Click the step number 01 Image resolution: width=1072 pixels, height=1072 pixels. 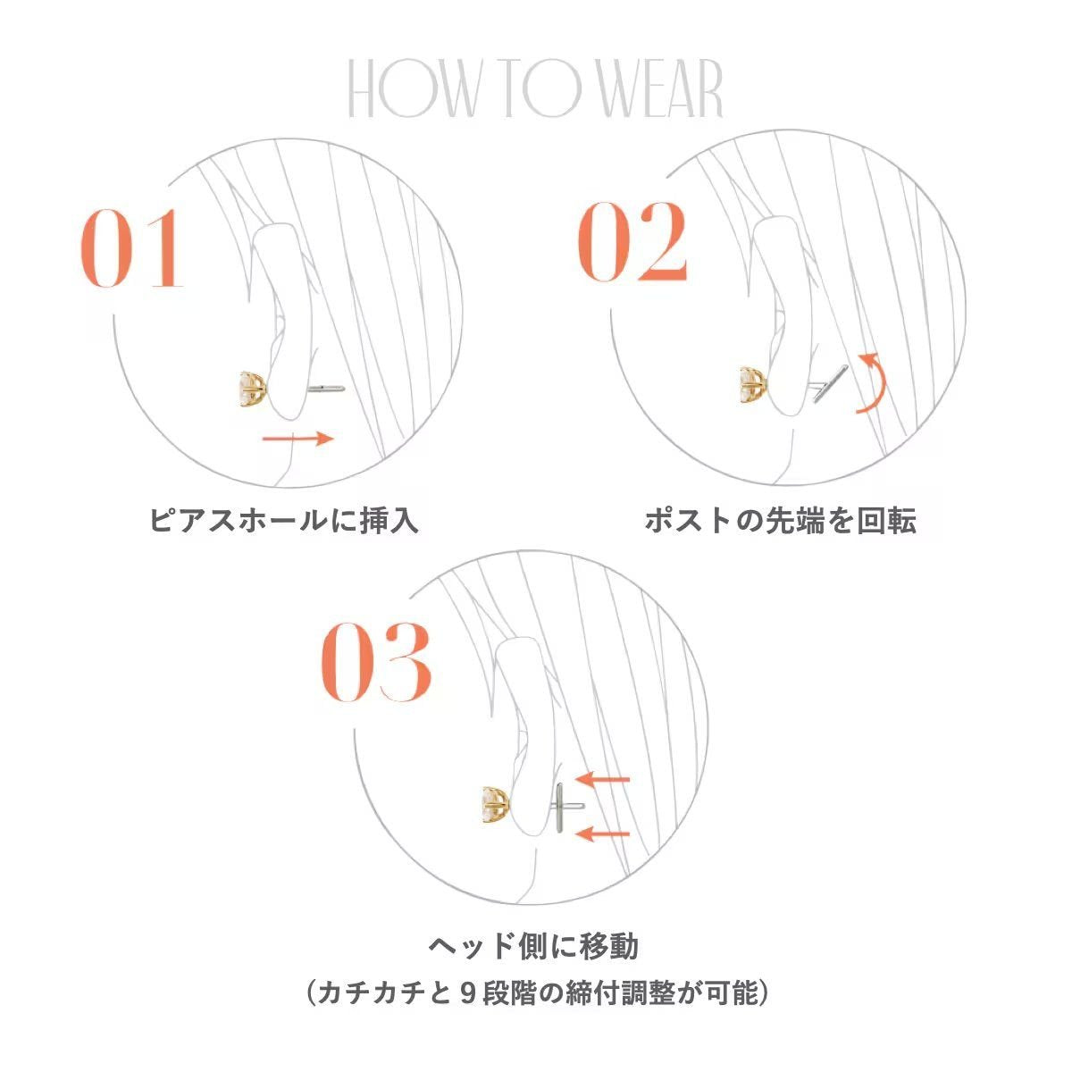(132, 248)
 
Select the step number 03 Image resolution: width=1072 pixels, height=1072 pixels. (375, 662)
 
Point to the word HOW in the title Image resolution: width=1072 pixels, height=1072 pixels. (412, 89)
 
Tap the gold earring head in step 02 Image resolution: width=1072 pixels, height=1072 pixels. (754, 383)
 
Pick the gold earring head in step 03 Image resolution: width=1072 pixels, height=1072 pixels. (496, 805)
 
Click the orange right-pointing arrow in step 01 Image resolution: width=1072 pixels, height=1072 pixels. (297, 439)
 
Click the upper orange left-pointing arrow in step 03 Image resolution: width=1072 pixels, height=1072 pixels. (602, 779)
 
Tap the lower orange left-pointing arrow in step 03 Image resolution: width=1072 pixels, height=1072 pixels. (602, 833)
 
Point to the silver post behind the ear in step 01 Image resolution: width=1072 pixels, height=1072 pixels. (326, 389)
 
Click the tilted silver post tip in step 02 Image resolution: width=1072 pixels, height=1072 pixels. (830, 383)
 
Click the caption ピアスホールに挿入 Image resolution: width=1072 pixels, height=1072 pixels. (284, 521)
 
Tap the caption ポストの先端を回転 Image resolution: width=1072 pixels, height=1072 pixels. (780, 521)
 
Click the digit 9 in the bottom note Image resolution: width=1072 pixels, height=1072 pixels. (469, 993)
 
